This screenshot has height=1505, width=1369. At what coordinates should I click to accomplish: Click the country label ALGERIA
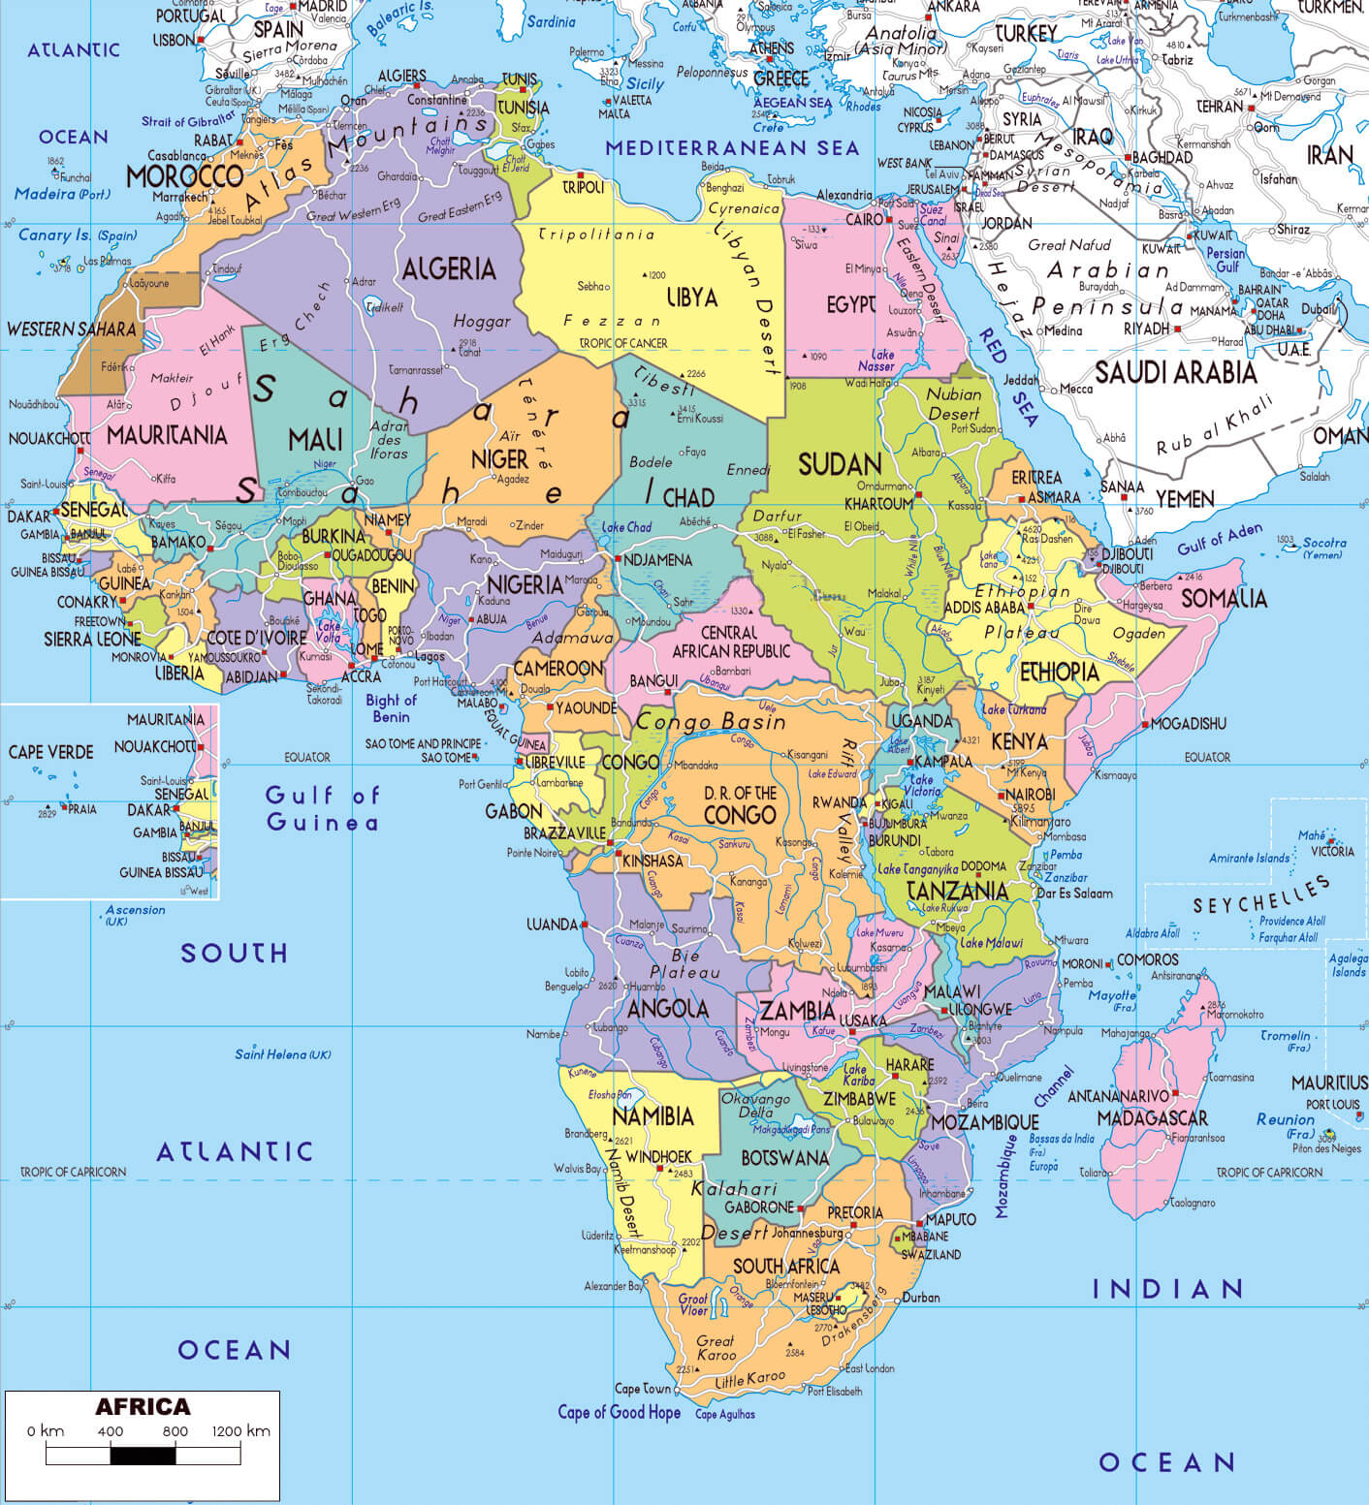448,269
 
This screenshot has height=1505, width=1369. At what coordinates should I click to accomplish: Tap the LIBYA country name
692,298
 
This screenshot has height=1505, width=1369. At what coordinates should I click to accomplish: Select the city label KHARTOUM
878,504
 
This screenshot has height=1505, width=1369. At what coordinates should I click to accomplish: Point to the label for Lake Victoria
922,785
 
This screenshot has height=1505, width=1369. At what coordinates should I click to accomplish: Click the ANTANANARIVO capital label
1118,1096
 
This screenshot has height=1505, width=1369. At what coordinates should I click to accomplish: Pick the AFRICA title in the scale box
143,1407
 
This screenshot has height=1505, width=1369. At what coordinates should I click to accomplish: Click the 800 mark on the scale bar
175,1431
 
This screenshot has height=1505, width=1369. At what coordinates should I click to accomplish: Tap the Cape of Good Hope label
619,1412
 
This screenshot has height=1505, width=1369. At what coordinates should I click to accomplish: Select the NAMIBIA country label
653,1116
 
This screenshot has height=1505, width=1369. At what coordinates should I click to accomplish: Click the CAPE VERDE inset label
50,752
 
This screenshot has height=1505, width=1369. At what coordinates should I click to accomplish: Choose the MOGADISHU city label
1189,724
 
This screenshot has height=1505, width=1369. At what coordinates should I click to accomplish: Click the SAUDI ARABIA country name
1175,372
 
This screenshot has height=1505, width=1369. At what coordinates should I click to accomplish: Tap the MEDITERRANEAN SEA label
732,148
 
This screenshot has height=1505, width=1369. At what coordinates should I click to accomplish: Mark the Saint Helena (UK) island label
282,1054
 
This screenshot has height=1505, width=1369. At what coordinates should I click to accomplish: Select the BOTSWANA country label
784,1158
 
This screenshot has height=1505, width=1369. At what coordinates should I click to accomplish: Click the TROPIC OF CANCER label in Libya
622,343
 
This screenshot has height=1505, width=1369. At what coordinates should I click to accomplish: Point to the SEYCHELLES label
1260,894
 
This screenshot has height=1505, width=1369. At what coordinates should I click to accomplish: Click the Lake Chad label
626,527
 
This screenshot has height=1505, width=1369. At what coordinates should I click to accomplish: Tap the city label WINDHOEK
658,1156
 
